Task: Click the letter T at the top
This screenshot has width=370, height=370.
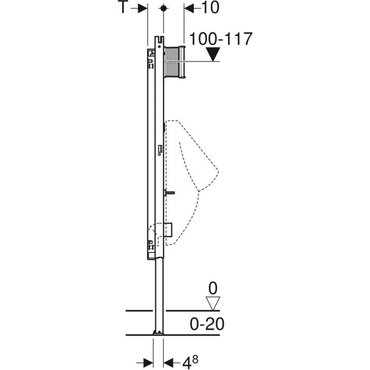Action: click(x=123, y=7)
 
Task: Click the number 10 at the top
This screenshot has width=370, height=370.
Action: click(x=210, y=7)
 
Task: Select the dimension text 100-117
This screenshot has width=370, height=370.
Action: click(x=221, y=39)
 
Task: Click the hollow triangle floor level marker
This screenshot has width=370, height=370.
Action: click(x=213, y=303)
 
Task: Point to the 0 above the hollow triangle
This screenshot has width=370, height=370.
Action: click(x=213, y=288)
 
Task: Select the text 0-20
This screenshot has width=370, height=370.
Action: click(x=207, y=324)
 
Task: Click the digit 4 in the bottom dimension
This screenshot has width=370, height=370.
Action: click(x=187, y=363)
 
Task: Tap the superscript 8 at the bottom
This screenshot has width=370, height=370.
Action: click(x=195, y=359)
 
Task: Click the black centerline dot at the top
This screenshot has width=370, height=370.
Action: click(x=163, y=8)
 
